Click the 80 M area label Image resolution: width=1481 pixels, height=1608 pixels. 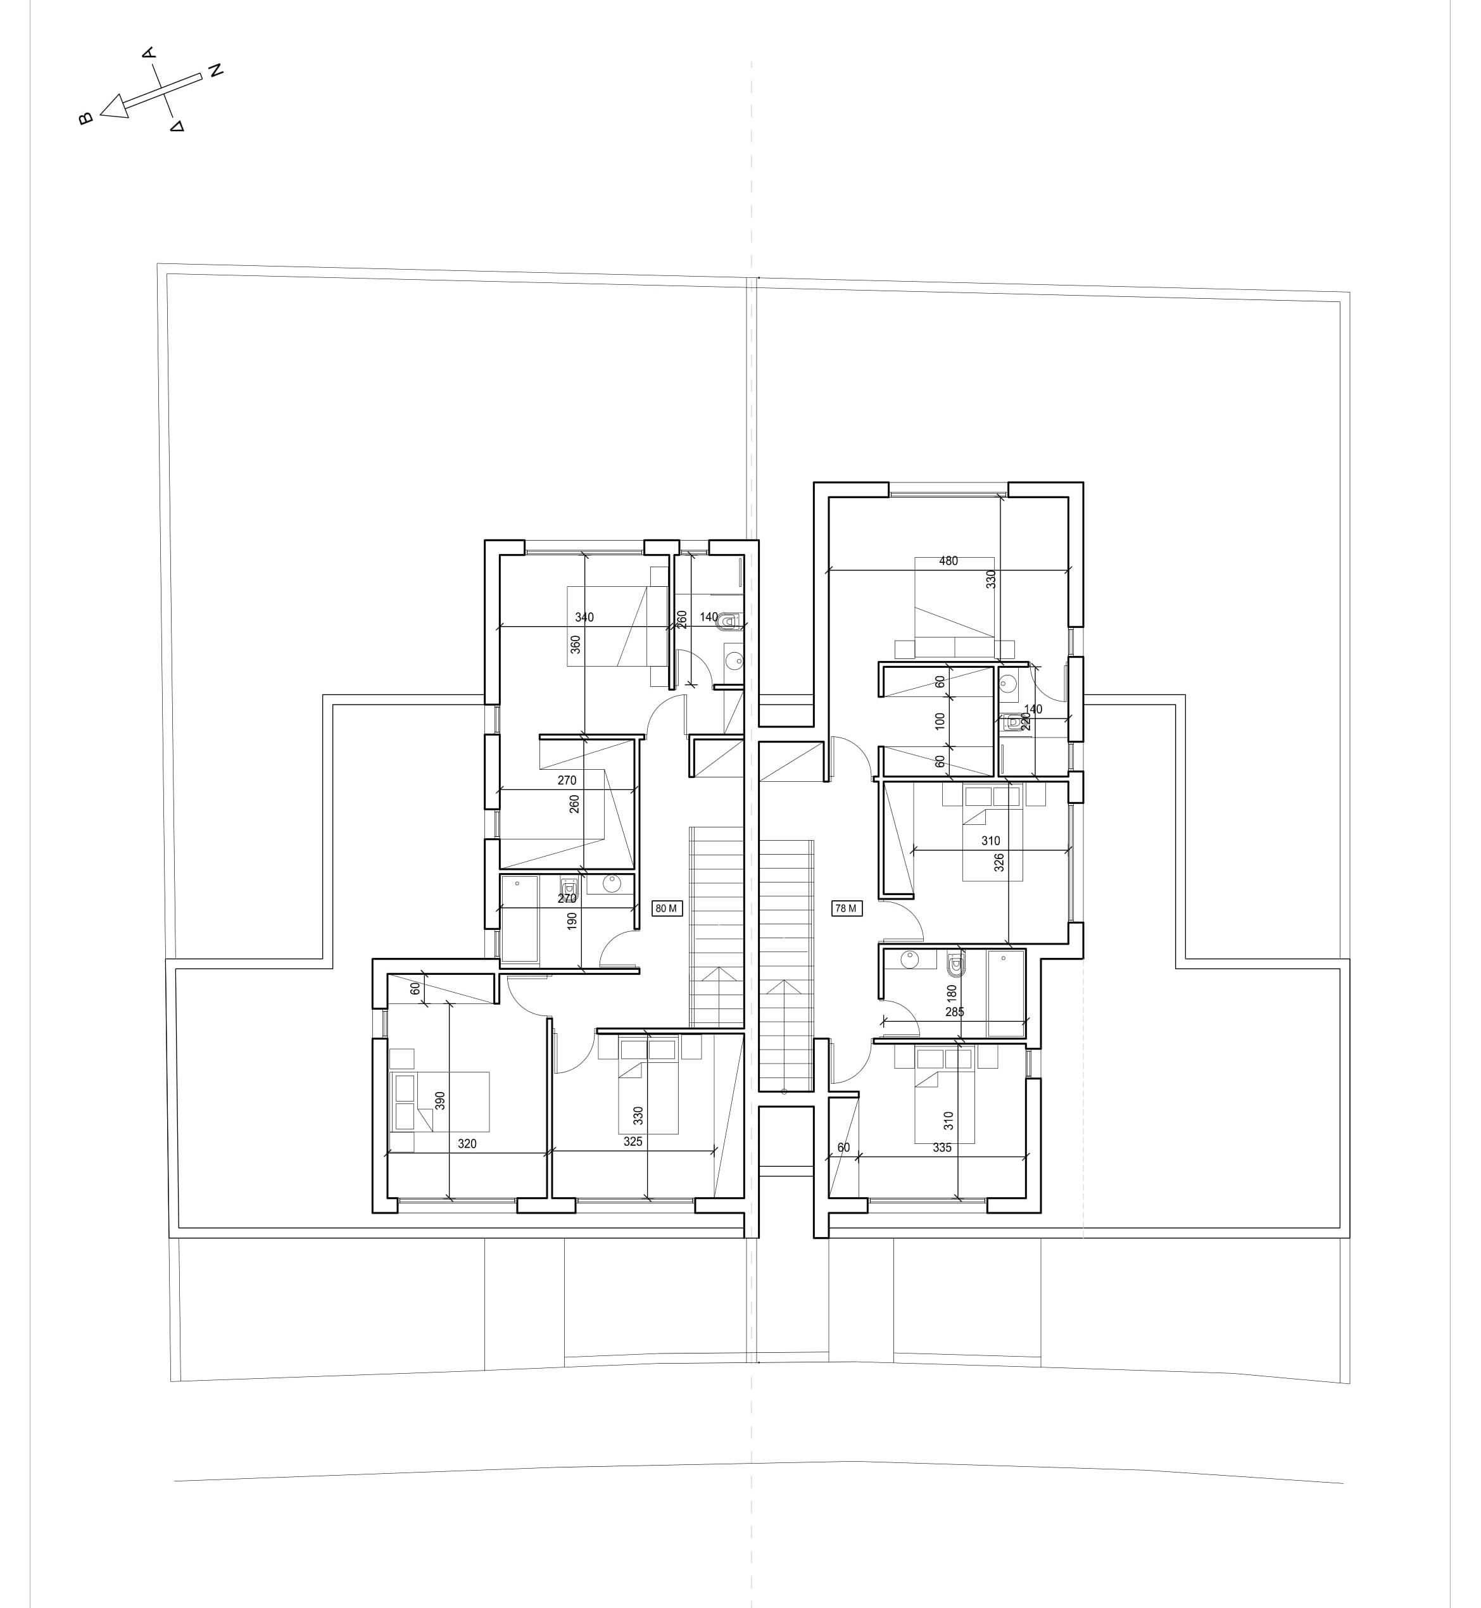[x=667, y=908]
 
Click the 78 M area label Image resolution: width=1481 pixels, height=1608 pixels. [x=847, y=908]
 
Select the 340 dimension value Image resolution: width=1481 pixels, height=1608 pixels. [x=584, y=618]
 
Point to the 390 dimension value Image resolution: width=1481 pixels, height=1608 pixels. [x=439, y=1100]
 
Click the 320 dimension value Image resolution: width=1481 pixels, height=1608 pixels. [x=467, y=1144]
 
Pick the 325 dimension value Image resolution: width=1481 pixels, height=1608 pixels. [x=633, y=1141]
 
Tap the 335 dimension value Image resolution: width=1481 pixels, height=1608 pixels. [x=942, y=1148]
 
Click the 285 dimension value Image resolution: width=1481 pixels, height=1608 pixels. [x=954, y=1012]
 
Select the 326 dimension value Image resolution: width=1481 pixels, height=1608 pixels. [x=999, y=863]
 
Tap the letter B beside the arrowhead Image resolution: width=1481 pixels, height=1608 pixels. [x=85, y=118]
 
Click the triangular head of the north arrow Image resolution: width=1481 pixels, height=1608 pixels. [x=115, y=106]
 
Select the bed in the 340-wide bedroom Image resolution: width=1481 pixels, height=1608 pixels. [x=617, y=625]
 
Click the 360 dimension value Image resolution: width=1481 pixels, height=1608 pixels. [x=576, y=645]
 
